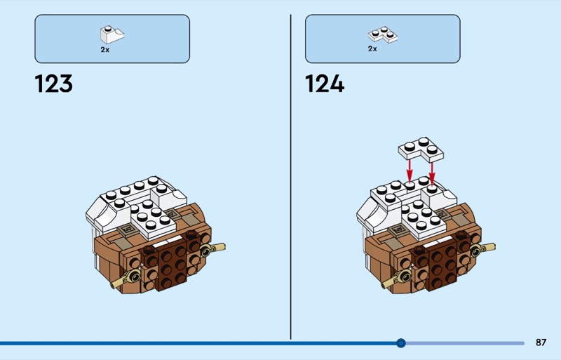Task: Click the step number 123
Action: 54,84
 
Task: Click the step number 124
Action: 325,84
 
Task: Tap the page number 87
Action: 541,342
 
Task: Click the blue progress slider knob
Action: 401,343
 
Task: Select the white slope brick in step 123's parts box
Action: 112,34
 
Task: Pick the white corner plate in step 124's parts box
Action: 382,34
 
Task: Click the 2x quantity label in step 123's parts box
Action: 104,50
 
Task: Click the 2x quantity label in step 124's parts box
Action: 372,48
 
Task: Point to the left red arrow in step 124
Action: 410,170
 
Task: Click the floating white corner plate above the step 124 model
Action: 421,149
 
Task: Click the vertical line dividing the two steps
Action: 290,177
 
